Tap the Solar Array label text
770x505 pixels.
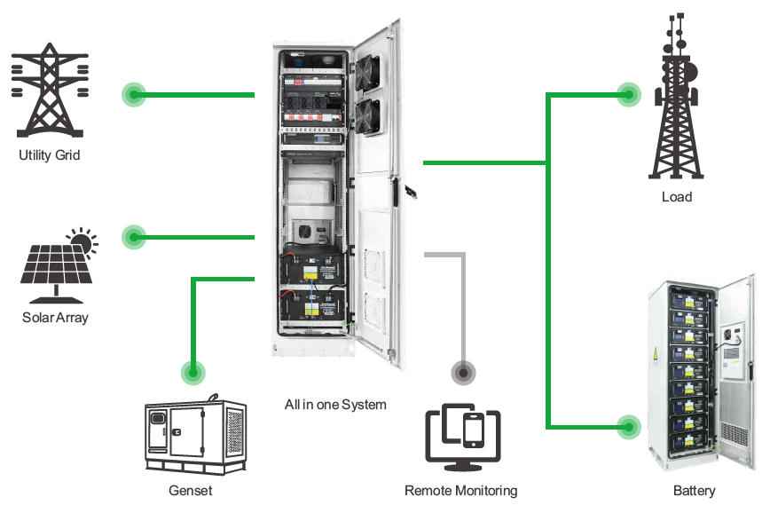[x=55, y=317]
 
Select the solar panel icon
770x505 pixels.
[x=53, y=264]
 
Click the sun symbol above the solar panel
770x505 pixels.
[x=82, y=241]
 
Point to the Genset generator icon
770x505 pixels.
[x=195, y=436]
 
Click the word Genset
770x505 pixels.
[x=190, y=490]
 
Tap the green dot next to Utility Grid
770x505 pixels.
[x=134, y=94]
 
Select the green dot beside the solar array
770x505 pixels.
[x=134, y=236]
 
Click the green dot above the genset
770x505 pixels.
[x=192, y=372]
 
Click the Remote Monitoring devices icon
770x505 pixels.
[x=462, y=438]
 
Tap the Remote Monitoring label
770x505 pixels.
[x=460, y=490]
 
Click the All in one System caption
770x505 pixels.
[x=335, y=404]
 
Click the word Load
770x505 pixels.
[x=676, y=196]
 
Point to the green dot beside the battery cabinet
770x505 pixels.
[x=628, y=427]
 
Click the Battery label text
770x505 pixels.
[x=694, y=490]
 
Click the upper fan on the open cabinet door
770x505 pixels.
[x=366, y=71]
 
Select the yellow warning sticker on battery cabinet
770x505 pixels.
[x=656, y=355]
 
